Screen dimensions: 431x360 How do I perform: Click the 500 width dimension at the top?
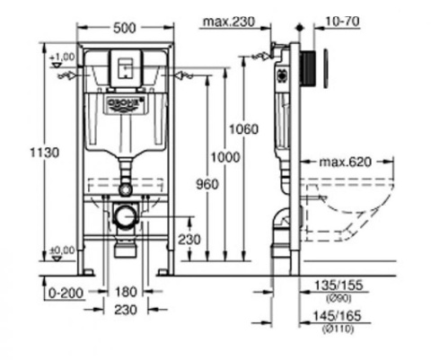click(125, 28)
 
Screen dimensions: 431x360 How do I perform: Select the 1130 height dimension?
click(45, 153)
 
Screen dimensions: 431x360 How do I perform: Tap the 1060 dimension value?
click(243, 129)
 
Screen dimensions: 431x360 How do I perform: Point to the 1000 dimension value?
click(225, 157)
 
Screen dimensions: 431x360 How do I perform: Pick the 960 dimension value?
click(207, 184)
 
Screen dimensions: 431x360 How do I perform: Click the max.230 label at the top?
click(229, 22)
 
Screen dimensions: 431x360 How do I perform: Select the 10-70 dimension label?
click(342, 22)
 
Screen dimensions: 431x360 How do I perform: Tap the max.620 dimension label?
click(346, 162)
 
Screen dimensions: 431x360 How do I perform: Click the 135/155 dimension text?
click(339, 285)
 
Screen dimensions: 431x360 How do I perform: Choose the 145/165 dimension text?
click(337, 316)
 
